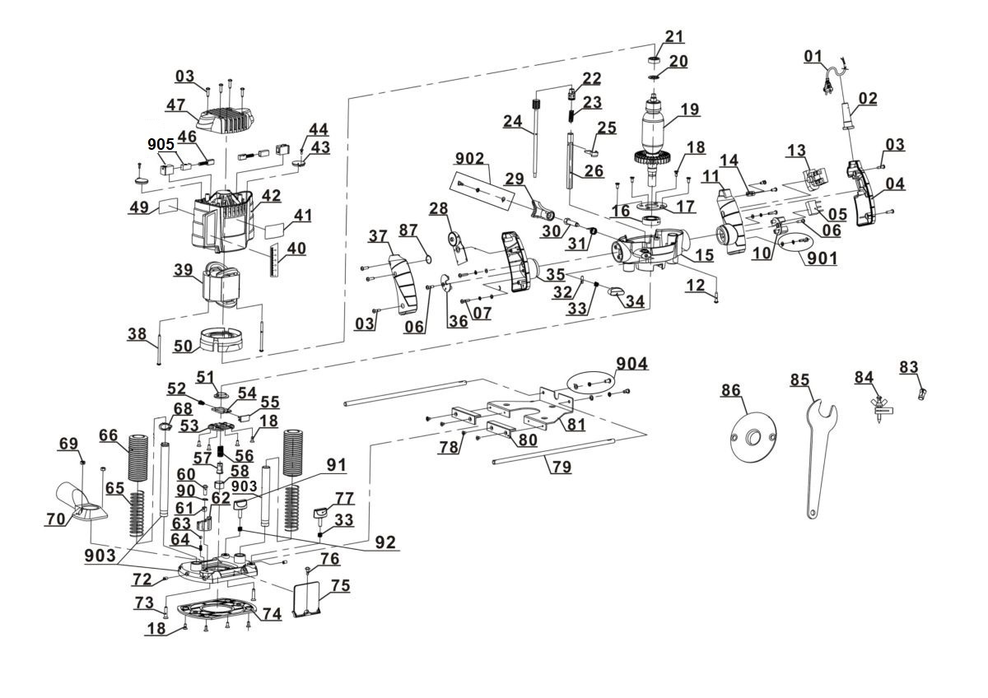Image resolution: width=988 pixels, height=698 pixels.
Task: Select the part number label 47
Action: pos(175,105)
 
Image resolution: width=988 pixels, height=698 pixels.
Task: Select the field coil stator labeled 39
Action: pos(222,286)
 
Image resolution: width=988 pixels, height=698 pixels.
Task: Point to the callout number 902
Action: pos(469,159)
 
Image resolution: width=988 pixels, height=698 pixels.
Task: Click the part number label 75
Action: pos(340,586)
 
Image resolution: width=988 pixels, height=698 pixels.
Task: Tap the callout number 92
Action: pos(384,542)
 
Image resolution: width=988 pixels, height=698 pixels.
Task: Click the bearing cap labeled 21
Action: pos(655,63)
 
